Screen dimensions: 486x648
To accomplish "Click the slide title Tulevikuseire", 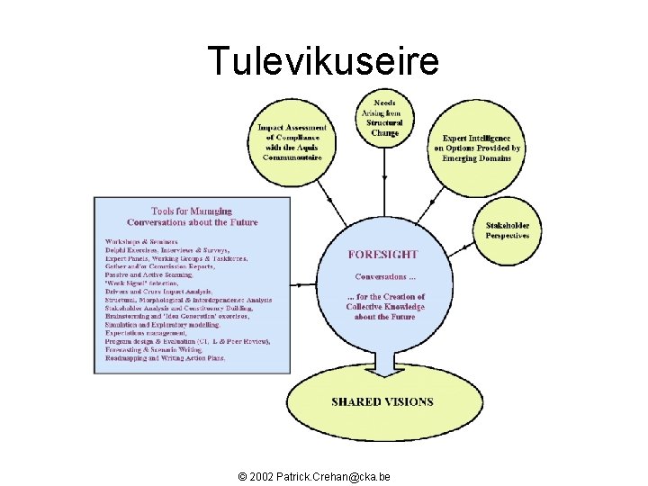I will (323, 61).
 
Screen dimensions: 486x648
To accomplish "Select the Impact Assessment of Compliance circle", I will (292, 142).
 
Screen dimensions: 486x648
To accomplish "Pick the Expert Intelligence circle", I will (476, 148).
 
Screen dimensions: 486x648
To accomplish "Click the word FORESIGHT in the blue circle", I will (382, 255).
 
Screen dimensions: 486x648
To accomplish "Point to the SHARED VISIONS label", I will (382, 402).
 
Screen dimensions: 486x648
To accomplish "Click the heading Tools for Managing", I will (192, 211).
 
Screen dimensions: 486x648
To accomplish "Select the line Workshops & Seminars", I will (141, 241).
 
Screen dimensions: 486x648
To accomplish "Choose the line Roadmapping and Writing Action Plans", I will (166, 358).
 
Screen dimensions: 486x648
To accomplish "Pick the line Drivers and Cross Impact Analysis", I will (158, 291).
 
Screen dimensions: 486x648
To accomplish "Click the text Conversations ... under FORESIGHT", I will (385, 277).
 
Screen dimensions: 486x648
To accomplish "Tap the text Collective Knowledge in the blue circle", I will (385, 307).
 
